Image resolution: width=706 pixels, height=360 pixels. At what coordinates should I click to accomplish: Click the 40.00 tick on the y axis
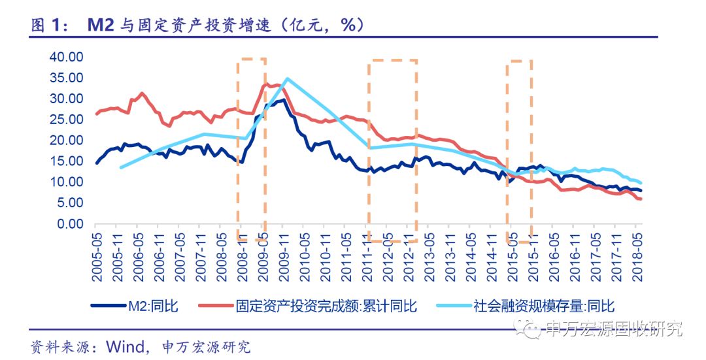tap(67, 57)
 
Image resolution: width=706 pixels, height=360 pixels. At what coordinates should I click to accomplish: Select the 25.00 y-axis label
tap(67, 120)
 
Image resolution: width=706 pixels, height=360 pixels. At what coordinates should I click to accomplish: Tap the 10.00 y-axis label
tap(67, 182)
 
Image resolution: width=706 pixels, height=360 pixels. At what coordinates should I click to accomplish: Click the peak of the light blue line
tap(286, 78)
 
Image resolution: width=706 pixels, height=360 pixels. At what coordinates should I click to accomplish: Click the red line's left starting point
tap(97, 114)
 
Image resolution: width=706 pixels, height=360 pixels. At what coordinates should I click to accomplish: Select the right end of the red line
tap(641, 199)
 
